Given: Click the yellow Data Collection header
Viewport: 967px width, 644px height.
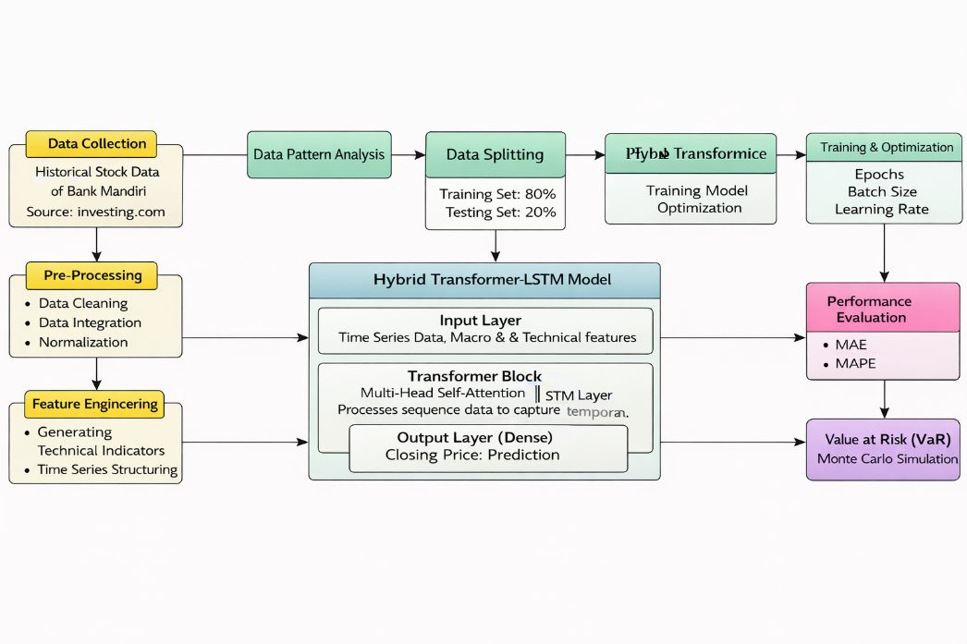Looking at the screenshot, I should [x=92, y=144].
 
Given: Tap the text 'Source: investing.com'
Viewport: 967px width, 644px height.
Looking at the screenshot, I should [x=96, y=212].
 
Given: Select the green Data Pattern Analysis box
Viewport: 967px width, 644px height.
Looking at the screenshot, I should [x=319, y=155].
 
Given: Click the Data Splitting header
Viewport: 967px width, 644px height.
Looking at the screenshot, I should [x=495, y=155].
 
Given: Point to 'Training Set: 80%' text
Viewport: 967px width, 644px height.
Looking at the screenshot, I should [x=497, y=194].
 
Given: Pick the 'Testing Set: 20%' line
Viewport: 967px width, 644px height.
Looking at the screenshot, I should [x=497, y=213].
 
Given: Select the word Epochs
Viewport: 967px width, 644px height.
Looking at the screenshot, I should [x=879, y=174].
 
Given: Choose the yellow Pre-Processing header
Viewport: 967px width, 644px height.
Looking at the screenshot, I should [x=92, y=275].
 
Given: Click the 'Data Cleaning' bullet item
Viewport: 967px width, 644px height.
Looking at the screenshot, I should [x=83, y=303].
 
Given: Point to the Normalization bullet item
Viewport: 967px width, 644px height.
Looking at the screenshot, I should [x=83, y=342].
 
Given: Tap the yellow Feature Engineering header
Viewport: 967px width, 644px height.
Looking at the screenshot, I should [x=95, y=404].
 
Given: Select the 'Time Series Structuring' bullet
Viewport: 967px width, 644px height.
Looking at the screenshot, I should [x=107, y=469].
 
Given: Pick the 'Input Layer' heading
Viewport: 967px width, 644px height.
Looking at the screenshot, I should [x=481, y=321].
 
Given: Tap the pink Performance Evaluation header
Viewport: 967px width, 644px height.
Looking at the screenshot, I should [x=869, y=310].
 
